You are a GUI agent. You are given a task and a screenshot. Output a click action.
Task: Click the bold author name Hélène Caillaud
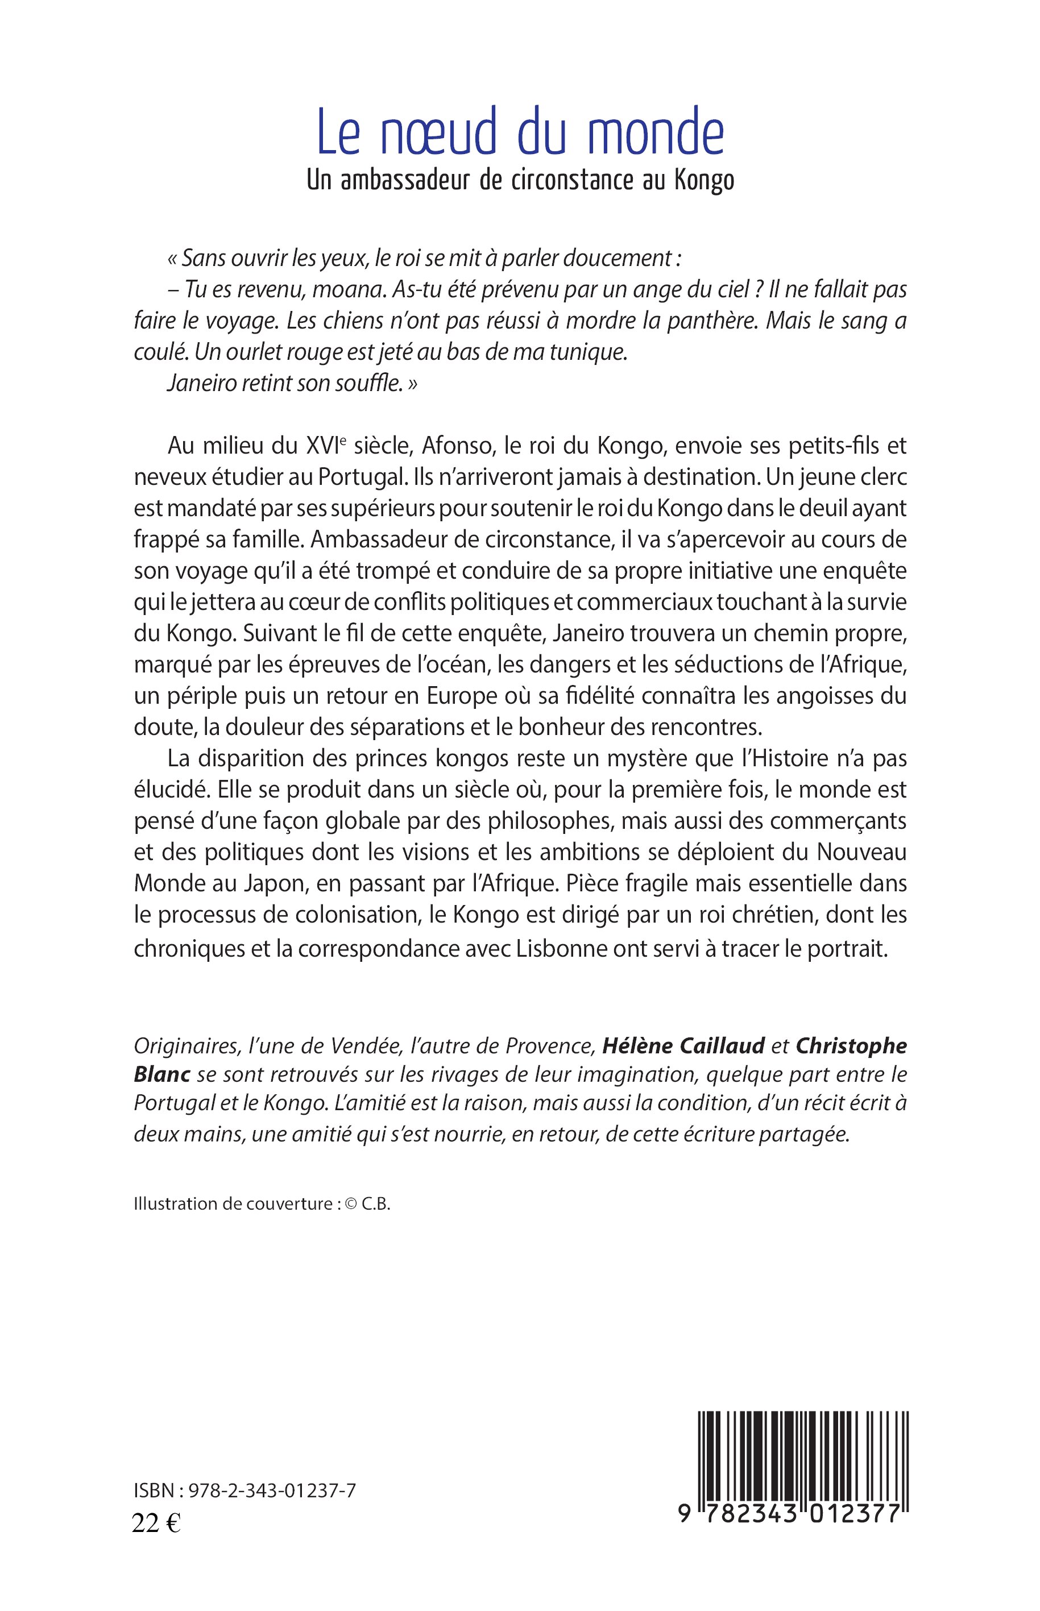(683, 1044)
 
